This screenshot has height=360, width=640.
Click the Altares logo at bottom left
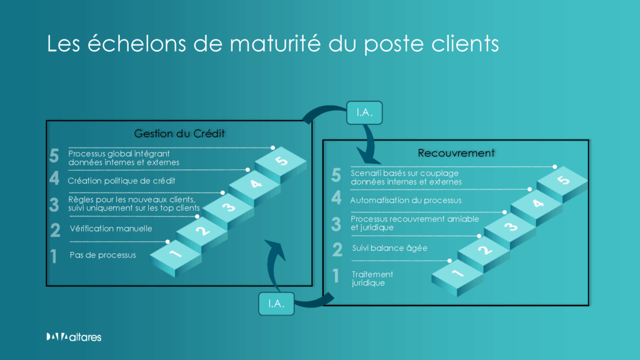pyautogui.click(x=73, y=337)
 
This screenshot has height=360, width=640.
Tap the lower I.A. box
pyautogui.click(x=276, y=303)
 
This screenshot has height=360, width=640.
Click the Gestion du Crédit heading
pyautogui.click(x=179, y=133)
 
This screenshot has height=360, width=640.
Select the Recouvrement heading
pyautogui.click(x=456, y=152)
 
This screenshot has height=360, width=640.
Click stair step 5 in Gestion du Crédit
pyautogui.click(x=282, y=161)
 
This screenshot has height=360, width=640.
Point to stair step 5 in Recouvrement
pyautogui.click(x=562, y=181)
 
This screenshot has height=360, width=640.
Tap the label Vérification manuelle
pyautogui.click(x=110, y=229)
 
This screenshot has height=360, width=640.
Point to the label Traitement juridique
pyautogui.click(x=372, y=279)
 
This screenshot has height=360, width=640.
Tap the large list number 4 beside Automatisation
pyautogui.click(x=336, y=199)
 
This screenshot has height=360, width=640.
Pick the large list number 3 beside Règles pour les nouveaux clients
pyautogui.click(x=54, y=204)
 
